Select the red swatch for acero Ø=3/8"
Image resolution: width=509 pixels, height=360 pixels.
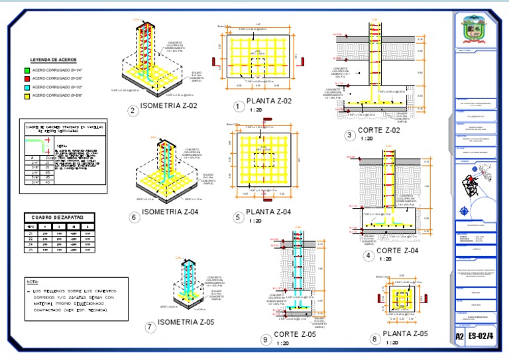point(27,78)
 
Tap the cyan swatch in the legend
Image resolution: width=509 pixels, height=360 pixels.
point(27,87)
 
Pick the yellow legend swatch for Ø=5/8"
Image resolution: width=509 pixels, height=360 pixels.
point(27,95)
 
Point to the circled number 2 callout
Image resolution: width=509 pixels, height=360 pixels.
point(133,111)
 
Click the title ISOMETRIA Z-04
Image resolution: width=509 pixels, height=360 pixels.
point(175,212)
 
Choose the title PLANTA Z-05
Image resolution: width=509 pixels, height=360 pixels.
point(405,333)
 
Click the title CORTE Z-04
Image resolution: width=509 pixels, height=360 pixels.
point(397,251)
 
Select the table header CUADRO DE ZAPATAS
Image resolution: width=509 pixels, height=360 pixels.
point(59,217)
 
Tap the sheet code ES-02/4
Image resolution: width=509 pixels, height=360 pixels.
point(481,336)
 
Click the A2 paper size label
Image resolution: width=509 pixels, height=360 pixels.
point(460,336)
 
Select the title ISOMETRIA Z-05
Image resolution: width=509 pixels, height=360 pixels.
point(188,323)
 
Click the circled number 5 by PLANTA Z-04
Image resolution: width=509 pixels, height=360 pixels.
point(238,216)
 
